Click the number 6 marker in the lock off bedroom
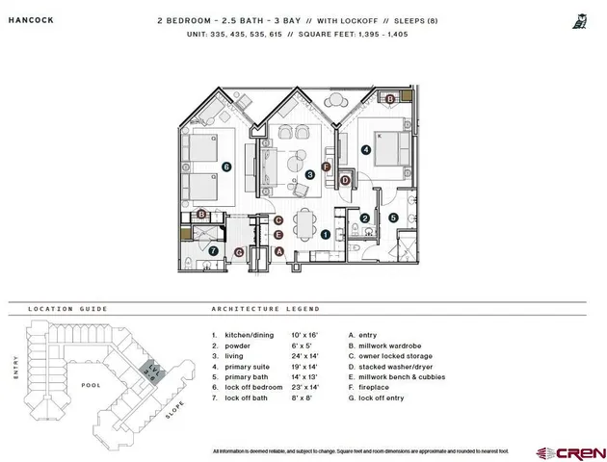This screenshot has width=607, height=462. tap(225, 166)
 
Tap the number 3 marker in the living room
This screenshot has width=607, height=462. tap(309, 174)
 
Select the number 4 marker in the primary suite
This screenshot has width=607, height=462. tap(366, 149)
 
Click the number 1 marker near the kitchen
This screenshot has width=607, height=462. tap(326, 233)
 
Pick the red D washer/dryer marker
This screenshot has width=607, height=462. tap(344, 180)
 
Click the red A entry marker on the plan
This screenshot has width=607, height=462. tap(278, 251)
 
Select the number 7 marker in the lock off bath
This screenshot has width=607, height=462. tap(214, 251)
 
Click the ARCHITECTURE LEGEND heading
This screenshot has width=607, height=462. tap(265, 309)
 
